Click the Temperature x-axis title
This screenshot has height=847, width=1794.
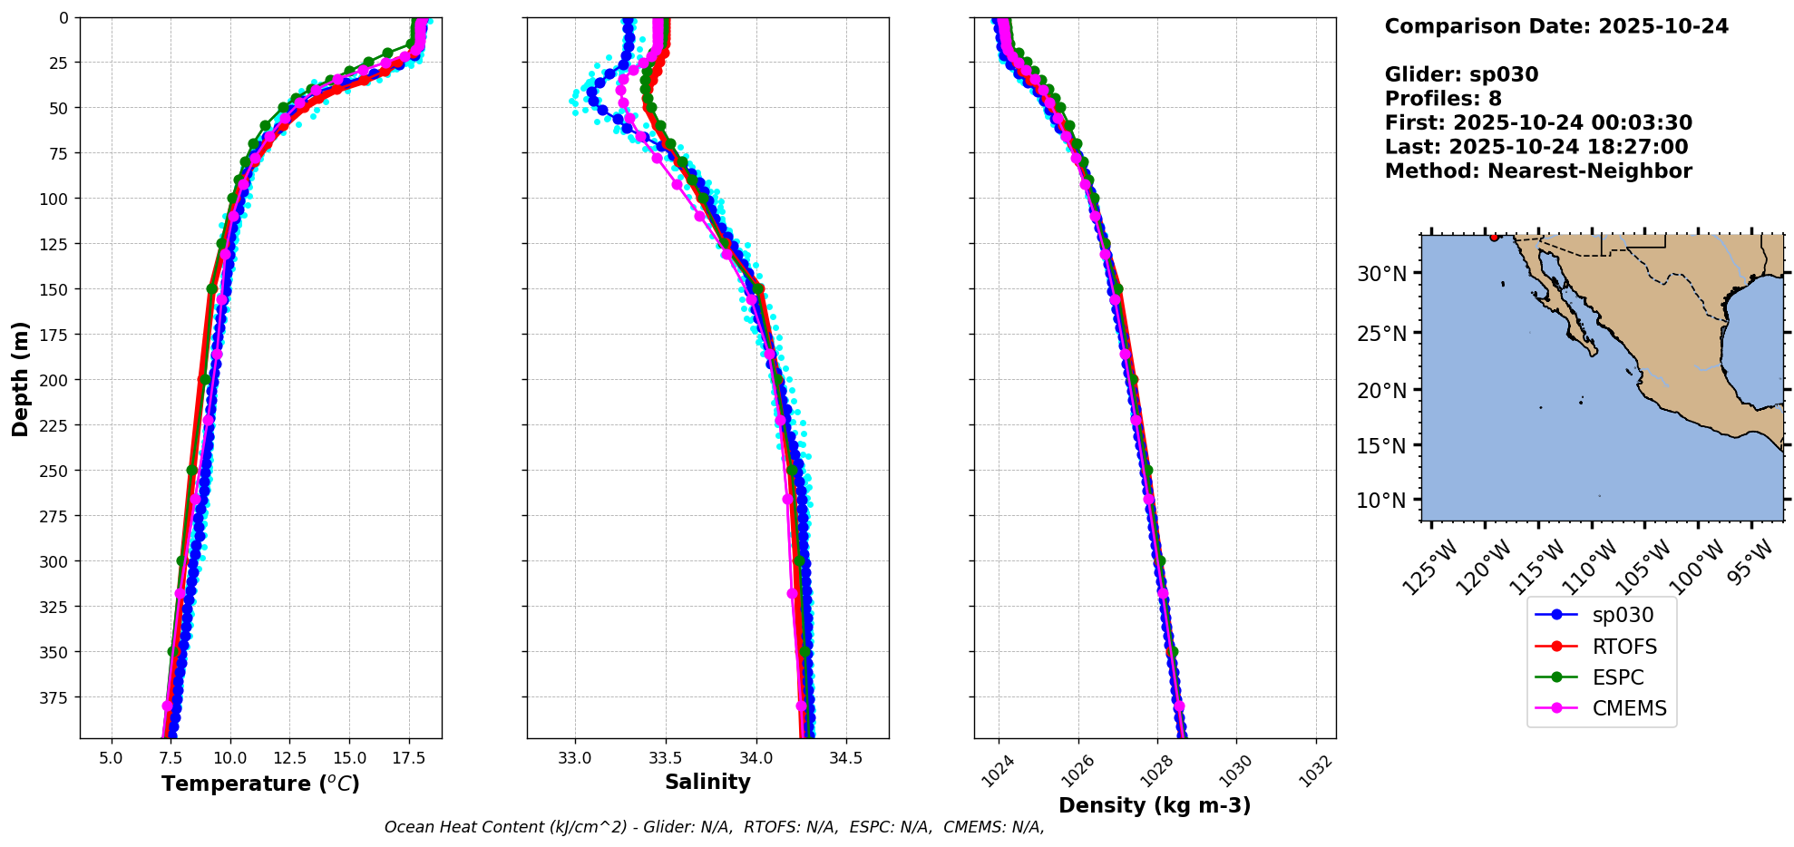pos(260,784)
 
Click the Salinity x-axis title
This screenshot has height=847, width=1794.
pos(707,782)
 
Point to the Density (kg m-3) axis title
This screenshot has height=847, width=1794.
pos(1155,805)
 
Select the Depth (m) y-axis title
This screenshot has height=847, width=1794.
pos(20,378)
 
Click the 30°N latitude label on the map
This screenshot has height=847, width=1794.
pos(1381,274)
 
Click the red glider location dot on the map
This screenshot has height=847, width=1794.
pos(1494,237)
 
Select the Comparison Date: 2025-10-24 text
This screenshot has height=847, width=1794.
pos(1556,26)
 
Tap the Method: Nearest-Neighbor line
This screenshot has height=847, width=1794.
pos(1538,171)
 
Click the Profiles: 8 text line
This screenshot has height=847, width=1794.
pos(1443,99)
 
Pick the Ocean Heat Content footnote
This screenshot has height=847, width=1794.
pos(714,827)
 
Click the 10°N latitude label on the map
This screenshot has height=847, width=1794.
pos(1381,501)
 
